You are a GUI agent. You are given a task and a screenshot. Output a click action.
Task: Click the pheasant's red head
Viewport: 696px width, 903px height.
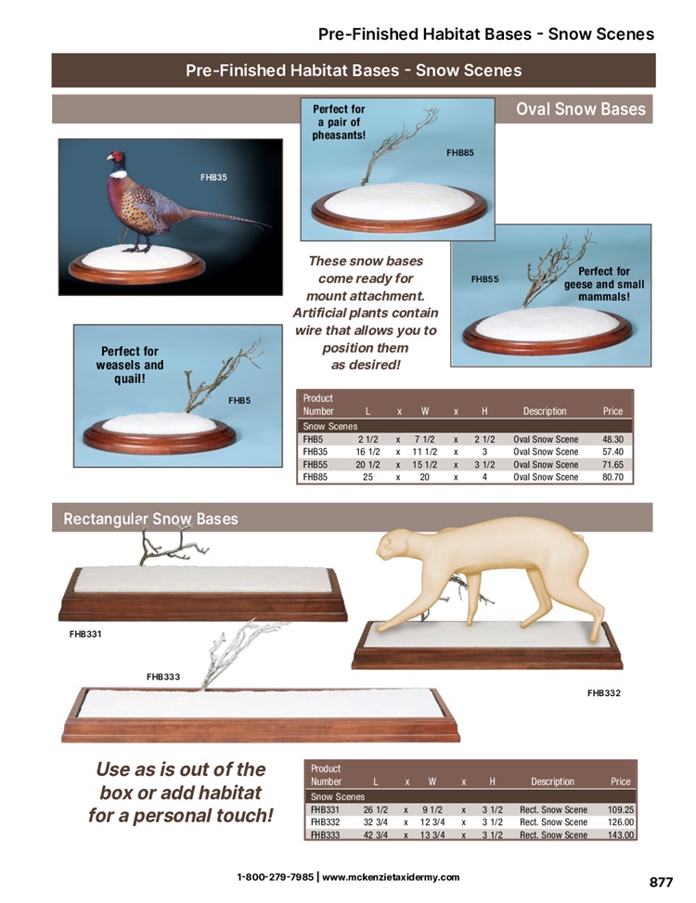tap(116, 157)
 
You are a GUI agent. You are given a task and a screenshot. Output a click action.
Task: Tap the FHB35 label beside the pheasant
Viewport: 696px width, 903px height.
tap(213, 177)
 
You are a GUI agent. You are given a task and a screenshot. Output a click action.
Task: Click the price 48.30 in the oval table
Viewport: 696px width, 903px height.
tap(612, 439)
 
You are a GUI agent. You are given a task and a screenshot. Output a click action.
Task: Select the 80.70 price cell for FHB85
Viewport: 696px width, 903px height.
tap(612, 477)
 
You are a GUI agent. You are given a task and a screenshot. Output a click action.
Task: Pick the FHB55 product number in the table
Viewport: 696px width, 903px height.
tap(315, 464)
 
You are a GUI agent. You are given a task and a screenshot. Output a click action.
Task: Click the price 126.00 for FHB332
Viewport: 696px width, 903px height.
tap(621, 822)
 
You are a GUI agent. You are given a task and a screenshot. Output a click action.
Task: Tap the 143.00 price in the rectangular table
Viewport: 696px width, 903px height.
tap(621, 835)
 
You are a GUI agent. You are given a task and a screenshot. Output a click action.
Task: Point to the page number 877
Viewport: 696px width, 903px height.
tap(661, 883)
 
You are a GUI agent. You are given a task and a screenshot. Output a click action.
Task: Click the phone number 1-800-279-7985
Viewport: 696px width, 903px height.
tap(276, 877)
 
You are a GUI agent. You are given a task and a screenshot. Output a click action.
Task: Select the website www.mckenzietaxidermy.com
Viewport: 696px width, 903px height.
tap(391, 877)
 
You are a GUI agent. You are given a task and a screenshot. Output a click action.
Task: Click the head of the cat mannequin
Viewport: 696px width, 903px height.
tap(393, 545)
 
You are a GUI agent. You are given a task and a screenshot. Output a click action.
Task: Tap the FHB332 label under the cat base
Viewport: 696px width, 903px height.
tap(604, 693)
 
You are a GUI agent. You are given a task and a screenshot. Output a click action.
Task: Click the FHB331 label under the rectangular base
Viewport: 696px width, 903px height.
tap(85, 634)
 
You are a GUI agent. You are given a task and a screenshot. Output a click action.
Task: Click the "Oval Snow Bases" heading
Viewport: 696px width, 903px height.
tap(580, 109)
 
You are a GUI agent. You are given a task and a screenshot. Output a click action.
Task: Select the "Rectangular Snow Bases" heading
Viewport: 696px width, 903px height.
tap(150, 519)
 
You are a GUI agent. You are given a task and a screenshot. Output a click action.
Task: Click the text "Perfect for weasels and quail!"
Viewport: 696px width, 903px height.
tap(130, 365)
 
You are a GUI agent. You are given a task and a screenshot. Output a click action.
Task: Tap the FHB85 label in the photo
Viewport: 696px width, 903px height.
tap(460, 152)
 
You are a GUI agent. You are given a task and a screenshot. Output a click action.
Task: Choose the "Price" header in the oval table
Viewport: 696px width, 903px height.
tap(612, 411)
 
